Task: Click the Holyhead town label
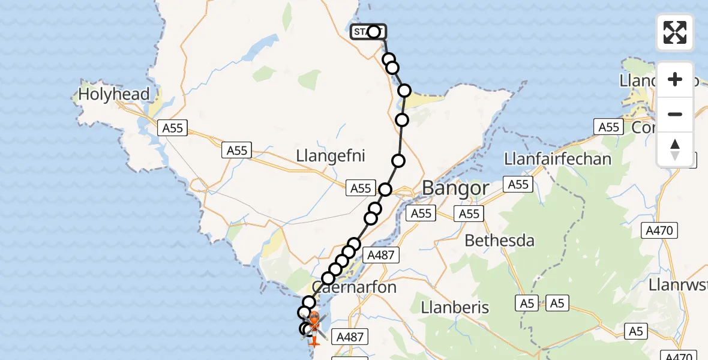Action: pyautogui.click(x=113, y=94)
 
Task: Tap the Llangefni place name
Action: pyautogui.click(x=330, y=156)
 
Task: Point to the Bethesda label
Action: pyautogui.click(x=500, y=241)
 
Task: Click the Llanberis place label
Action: pyautogui.click(x=455, y=307)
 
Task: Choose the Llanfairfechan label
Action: pyautogui.click(x=558, y=158)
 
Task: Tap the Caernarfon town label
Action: pyautogui.click(x=355, y=287)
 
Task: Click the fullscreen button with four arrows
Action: pyautogui.click(x=675, y=32)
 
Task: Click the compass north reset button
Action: pyautogui.click(x=675, y=149)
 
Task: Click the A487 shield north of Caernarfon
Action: pyautogui.click(x=380, y=255)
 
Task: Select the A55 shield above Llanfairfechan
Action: pyautogui.click(x=609, y=127)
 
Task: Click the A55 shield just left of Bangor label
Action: pyautogui.click(x=361, y=188)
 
